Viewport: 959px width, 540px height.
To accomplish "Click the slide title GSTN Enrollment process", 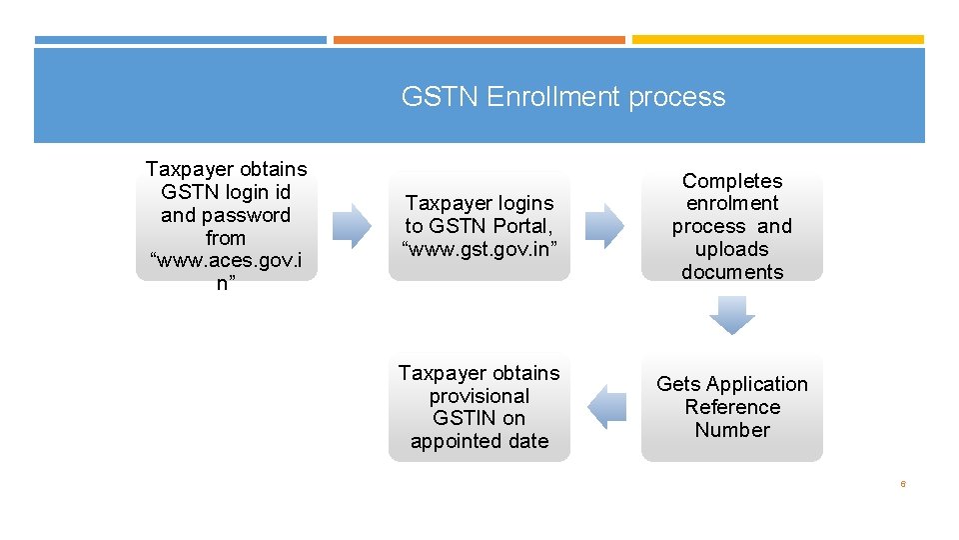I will point(562,97).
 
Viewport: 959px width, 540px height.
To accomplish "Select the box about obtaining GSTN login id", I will point(226,226).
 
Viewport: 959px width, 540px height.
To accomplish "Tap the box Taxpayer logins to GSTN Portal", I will point(479,226).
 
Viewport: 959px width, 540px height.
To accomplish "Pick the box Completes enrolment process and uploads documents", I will point(731,226).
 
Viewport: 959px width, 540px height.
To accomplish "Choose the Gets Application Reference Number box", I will point(731,407).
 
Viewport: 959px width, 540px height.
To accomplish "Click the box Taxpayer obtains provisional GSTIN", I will point(479,407).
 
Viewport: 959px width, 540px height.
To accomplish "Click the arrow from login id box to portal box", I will point(351,226).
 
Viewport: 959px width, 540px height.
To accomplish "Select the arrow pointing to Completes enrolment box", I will point(603,226).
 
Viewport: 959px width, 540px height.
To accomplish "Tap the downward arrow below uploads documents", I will point(731,316).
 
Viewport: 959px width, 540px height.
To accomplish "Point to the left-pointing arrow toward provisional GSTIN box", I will point(606,407).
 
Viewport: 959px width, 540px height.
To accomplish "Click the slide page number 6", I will point(903,484).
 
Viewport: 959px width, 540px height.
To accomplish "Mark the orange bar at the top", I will point(479,40).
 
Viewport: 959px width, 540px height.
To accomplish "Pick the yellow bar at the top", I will point(777,40).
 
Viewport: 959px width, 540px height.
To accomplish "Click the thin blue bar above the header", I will point(180,40).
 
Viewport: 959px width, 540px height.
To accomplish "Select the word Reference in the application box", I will point(732,407).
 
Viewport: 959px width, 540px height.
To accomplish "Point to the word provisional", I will point(479,396).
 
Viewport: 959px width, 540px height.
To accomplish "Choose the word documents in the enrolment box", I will point(732,272).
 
